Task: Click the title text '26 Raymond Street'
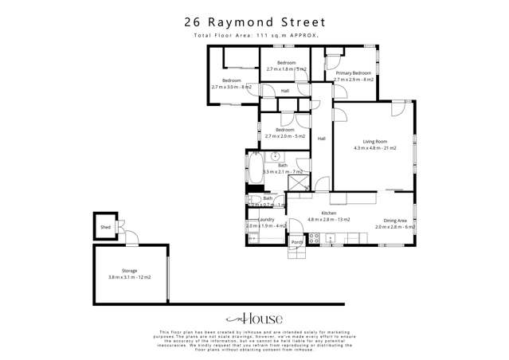point(254,22)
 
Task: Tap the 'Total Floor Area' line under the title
point(254,37)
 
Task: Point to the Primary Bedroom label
point(353,73)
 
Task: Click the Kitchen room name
point(329,213)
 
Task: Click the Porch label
point(296,241)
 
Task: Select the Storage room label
point(130,271)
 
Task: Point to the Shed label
point(105,227)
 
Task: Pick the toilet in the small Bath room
point(251,202)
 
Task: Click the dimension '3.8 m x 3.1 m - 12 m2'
point(130,277)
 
